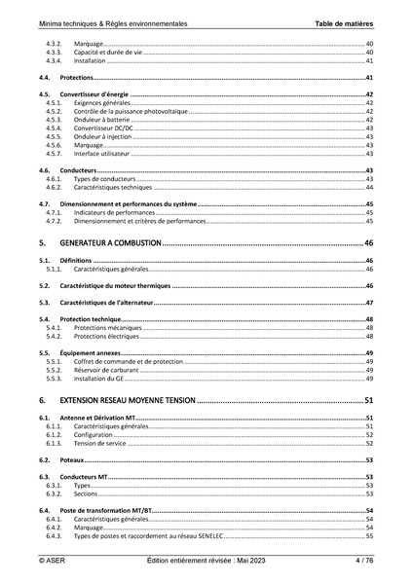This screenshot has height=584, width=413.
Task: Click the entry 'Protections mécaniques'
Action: (x=106, y=328)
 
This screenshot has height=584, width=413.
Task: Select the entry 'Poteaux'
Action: (x=72, y=458)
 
